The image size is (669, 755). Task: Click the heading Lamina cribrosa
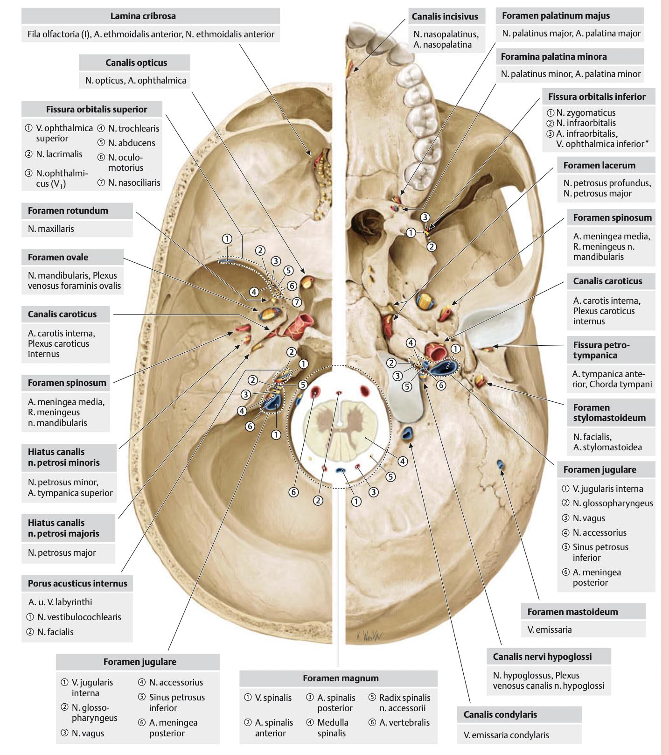click(x=143, y=16)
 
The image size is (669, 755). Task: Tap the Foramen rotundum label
click(x=68, y=210)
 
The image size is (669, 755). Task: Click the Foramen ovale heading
click(x=58, y=257)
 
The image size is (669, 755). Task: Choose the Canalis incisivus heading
click(x=445, y=16)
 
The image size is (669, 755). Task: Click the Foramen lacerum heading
click(x=599, y=165)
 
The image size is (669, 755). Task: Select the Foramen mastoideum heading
click(x=572, y=611)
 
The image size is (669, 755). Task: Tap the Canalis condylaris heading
click(x=500, y=714)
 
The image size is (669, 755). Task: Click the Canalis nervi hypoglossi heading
click(x=542, y=657)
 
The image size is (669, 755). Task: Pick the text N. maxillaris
click(x=51, y=229)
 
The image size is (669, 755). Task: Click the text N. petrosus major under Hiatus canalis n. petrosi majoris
click(x=62, y=552)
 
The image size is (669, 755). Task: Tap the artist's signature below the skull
click(x=366, y=636)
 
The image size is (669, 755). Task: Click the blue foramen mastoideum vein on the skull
click(x=500, y=464)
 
